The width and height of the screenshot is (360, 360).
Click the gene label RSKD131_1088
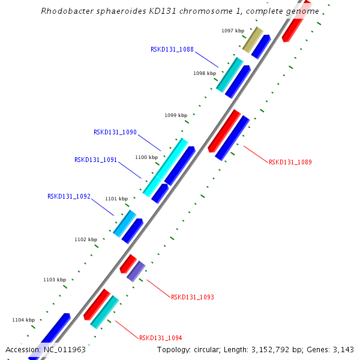pos(172,50)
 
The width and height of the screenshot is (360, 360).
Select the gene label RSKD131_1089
pos(290,162)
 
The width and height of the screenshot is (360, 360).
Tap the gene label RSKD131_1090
pos(115,133)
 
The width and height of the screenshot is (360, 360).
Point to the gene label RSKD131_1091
pos(95,160)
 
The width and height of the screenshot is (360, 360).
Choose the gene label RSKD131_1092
pos(68,196)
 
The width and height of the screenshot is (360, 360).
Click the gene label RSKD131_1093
pos(192,297)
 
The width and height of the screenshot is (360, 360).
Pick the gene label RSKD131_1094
pos(160,338)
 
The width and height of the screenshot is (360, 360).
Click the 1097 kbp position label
pos(233,31)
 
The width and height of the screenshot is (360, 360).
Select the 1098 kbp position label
pos(205,73)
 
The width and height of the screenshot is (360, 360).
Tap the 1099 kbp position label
pos(176,115)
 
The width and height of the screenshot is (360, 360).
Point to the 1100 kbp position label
pos(146,157)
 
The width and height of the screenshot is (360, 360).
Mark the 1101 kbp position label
pos(116,199)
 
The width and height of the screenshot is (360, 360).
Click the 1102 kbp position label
pos(86,239)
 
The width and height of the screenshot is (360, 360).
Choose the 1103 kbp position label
pos(55,280)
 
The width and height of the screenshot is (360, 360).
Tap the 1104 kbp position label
pos(23,320)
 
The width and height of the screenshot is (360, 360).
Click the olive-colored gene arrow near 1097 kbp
pos(253,40)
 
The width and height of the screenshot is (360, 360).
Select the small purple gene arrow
pos(136,271)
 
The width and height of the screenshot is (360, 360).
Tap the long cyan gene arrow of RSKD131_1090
pos(166,167)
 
